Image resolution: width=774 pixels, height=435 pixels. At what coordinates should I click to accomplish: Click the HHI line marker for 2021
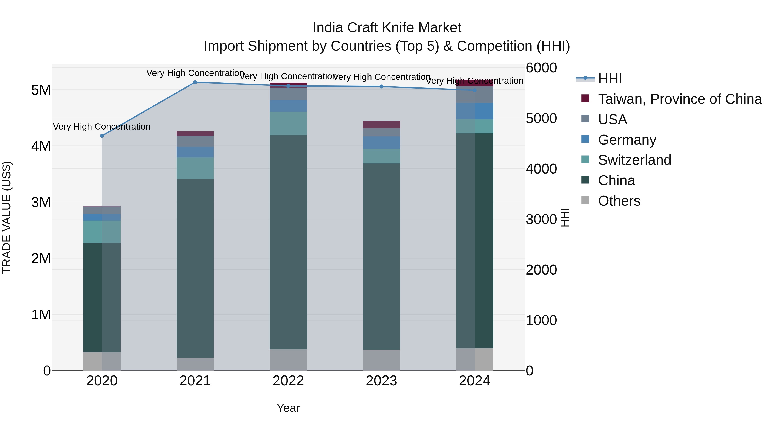[195, 82]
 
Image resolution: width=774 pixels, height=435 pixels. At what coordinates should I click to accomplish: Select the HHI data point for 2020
[102, 136]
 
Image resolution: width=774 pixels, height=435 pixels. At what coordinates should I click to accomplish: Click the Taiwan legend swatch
[585, 98]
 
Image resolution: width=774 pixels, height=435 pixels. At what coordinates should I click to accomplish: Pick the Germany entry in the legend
[627, 140]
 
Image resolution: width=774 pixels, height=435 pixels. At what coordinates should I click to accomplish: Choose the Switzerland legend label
[634, 160]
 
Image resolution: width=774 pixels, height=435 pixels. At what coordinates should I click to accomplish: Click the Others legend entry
[619, 201]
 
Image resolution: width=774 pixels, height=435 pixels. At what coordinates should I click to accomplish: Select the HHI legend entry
[610, 79]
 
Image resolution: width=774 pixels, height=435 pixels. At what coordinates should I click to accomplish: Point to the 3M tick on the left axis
[41, 202]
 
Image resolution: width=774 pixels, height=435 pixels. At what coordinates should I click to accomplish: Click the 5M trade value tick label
[41, 90]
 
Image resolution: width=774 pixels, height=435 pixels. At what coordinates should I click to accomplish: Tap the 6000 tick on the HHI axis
[541, 68]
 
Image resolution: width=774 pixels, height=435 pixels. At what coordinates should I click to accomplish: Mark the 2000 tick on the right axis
[541, 270]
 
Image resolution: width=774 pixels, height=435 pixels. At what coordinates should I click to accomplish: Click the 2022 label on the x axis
[288, 381]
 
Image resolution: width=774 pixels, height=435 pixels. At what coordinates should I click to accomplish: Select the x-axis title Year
[288, 408]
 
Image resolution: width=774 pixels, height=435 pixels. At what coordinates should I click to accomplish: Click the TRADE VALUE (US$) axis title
[7, 217]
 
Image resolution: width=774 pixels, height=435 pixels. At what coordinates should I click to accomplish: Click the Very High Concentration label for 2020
[102, 127]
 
